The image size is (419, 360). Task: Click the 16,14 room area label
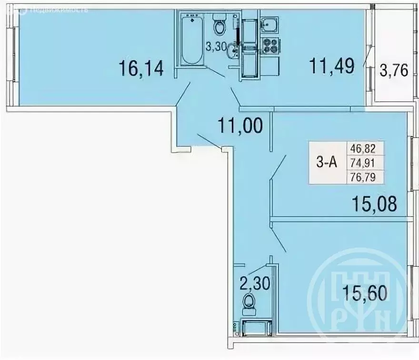tap(142, 69)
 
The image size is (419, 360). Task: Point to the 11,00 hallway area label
tap(240, 127)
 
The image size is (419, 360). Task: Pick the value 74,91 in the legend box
tap(367, 163)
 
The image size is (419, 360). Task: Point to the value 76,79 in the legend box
tap(367, 177)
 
